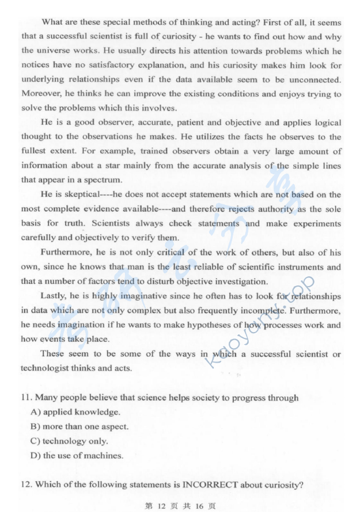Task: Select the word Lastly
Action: click(53, 296)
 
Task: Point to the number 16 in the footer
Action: click(194, 507)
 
